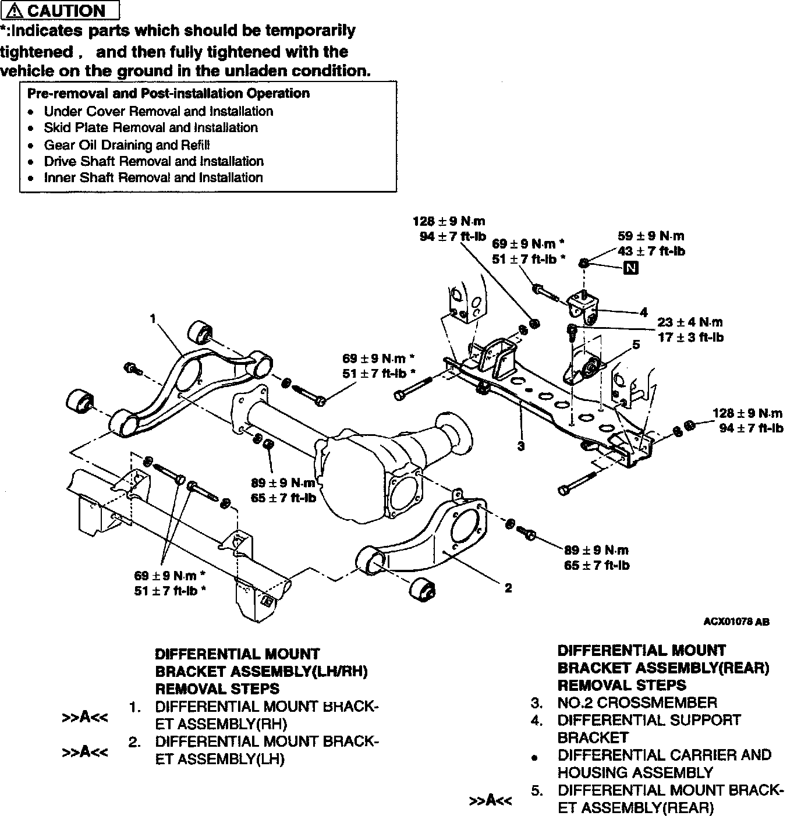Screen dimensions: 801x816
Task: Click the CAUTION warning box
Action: pyautogui.click(x=60, y=10)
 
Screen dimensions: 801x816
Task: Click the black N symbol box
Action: pyautogui.click(x=630, y=268)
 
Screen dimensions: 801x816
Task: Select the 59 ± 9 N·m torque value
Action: pyautogui.click(x=651, y=236)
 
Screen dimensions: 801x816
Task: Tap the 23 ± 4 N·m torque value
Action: pyautogui.click(x=690, y=322)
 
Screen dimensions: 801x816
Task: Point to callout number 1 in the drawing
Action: pyautogui.click(x=153, y=318)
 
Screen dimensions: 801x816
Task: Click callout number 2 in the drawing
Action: pyautogui.click(x=508, y=588)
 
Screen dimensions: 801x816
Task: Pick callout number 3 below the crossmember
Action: pyautogui.click(x=521, y=446)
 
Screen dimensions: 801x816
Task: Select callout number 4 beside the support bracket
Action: pyautogui.click(x=644, y=313)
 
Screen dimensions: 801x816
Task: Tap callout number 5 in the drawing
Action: pyautogui.click(x=636, y=345)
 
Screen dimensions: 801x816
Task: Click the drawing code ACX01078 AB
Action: pyautogui.click(x=736, y=622)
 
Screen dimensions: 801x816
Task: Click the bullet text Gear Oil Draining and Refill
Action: pyautogui.click(x=127, y=145)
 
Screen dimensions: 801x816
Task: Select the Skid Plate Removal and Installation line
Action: pyautogui.click(x=151, y=127)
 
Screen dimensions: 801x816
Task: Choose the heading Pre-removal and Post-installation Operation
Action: pyautogui.click(x=168, y=93)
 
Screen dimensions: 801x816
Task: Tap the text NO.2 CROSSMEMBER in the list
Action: pyautogui.click(x=637, y=703)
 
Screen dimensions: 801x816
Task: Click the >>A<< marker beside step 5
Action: pyautogui.click(x=491, y=800)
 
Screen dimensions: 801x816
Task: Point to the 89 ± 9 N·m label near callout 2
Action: pyautogui.click(x=597, y=550)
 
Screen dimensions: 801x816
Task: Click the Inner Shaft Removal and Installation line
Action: pyautogui.click(x=153, y=178)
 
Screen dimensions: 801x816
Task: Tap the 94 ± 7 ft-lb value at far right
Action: pyautogui.click(x=751, y=428)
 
